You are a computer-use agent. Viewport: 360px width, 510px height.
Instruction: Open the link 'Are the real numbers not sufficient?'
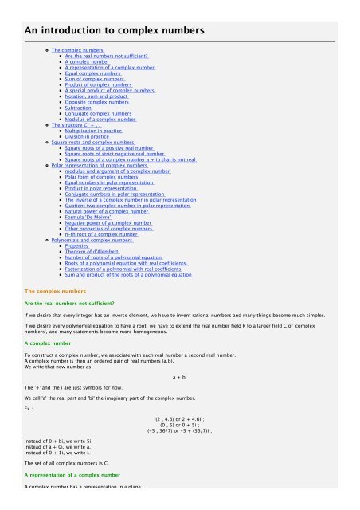pyautogui.click(x=107, y=57)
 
